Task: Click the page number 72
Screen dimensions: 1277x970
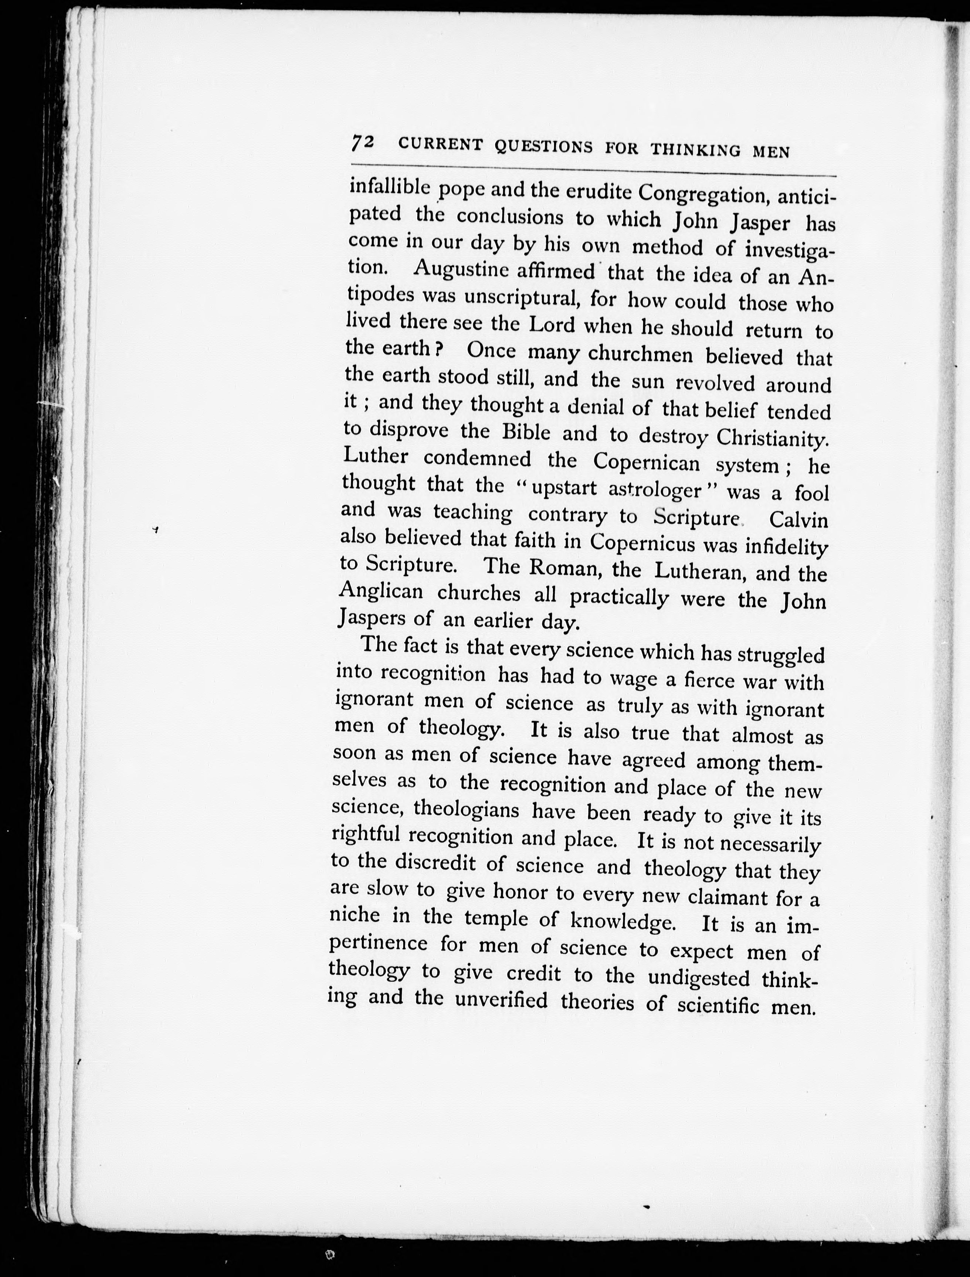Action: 363,143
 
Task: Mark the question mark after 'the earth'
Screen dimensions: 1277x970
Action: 439,349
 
